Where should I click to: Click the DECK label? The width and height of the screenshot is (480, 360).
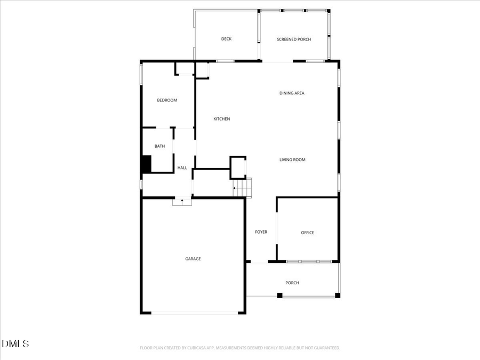pos(226,39)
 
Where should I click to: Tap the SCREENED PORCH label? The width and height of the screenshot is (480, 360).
pos(293,39)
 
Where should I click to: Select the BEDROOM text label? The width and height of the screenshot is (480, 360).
pos(166,100)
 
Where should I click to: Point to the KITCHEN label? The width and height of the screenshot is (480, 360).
pos(221,119)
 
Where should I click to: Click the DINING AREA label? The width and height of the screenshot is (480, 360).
pos(292,93)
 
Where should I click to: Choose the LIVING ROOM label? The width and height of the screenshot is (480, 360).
pos(292,160)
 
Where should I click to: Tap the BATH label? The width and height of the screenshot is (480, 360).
pos(159,146)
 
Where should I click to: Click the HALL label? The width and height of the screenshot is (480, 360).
pos(182,168)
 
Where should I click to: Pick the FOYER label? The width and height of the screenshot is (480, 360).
pos(261,232)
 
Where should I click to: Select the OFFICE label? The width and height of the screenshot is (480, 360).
pos(307,233)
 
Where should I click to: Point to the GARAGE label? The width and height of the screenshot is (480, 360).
pos(193,259)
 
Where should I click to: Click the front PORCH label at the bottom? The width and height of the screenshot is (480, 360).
pos(292,283)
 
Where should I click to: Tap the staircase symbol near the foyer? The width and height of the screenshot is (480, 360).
pos(243,188)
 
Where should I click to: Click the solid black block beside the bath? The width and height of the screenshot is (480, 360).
pos(146,164)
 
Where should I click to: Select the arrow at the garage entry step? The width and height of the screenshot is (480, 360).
pos(182,202)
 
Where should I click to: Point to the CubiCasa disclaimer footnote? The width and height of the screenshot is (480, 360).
pos(239,348)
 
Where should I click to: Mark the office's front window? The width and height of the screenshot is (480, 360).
pos(309,261)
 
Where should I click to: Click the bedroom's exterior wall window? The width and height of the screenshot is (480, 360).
pos(141,75)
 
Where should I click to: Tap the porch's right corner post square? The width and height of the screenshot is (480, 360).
pos(337,295)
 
